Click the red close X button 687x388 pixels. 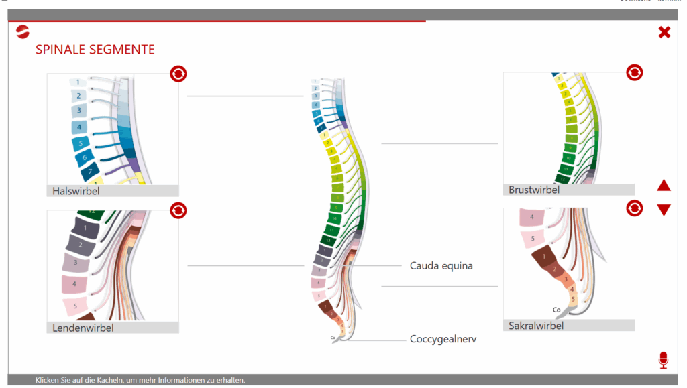click(x=664, y=32)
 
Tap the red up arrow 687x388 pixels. click(x=664, y=186)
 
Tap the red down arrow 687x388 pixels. click(x=664, y=210)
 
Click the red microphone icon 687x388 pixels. click(x=664, y=360)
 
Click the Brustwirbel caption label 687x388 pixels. click(x=534, y=190)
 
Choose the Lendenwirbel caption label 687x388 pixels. click(x=83, y=328)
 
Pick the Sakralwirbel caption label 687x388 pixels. click(x=536, y=326)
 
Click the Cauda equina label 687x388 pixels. click(x=441, y=266)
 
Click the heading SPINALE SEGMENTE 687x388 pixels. click(x=95, y=50)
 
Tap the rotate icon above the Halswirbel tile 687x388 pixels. click(x=178, y=73)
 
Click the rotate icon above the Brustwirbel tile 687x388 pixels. click(x=634, y=72)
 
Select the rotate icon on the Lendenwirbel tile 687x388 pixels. click(x=178, y=210)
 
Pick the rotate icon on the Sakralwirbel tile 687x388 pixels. click(x=634, y=208)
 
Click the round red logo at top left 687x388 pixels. click(x=23, y=31)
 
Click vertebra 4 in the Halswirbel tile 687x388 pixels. click(x=78, y=127)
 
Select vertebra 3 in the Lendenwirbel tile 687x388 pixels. click(x=76, y=263)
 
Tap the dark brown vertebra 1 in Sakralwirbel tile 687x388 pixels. click(x=538, y=256)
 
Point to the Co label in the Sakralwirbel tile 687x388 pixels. click(x=556, y=310)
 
